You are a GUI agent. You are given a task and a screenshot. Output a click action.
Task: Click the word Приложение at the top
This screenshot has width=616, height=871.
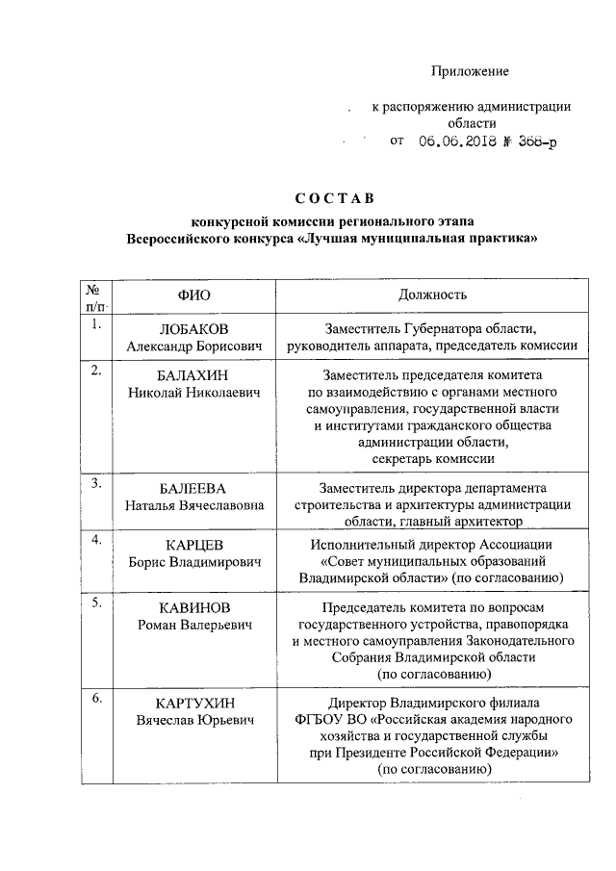click(470, 72)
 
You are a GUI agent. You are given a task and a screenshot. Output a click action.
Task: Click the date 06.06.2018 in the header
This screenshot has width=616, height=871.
click(457, 141)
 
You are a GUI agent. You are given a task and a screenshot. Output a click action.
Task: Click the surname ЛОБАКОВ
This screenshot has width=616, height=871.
click(192, 328)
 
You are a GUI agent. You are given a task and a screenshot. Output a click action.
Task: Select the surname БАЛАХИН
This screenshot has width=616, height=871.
click(192, 373)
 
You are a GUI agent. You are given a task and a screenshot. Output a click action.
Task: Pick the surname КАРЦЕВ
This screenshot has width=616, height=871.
click(192, 545)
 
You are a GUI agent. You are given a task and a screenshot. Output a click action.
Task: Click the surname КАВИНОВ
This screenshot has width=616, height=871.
click(192, 608)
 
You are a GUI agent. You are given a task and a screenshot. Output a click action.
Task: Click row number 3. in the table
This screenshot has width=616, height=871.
click(96, 484)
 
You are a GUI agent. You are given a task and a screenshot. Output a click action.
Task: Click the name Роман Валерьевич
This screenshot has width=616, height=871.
click(192, 626)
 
